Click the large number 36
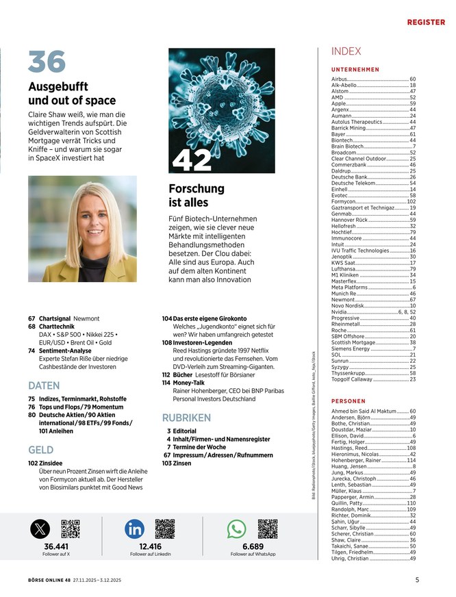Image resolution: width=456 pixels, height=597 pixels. click(x=47, y=62)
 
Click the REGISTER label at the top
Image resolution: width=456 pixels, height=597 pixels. click(x=426, y=22)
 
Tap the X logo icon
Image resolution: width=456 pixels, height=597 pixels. click(x=40, y=529)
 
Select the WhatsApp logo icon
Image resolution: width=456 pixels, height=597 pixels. click(x=236, y=529)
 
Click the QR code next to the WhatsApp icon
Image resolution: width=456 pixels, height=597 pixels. click(x=268, y=529)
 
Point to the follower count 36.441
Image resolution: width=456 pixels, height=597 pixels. click(x=56, y=546)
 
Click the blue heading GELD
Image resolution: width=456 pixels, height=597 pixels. click(x=41, y=450)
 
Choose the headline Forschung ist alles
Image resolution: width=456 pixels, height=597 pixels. click(x=197, y=195)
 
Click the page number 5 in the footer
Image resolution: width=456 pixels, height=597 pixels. click(x=417, y=579)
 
